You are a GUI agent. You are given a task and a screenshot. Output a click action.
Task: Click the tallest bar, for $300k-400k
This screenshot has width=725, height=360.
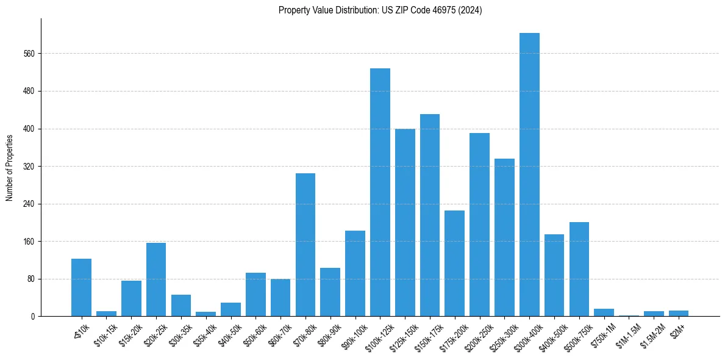tap(529, 175)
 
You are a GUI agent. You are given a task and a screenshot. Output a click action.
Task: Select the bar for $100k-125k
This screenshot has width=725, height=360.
tap(380, 192)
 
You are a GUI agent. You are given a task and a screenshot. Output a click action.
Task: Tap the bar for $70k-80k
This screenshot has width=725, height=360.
tap(305, 245)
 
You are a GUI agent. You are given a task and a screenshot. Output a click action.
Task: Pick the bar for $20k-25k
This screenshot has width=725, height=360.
tap(156, 279)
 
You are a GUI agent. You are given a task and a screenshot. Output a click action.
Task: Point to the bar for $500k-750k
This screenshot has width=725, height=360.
tap(579, 269)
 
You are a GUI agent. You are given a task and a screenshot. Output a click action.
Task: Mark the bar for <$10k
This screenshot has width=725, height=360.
tap(81, 287)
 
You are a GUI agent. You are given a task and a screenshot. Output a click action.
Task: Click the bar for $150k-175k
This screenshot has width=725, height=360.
tap(430, 215)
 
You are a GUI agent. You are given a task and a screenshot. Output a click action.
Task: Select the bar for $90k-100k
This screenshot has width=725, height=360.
tap(355, 273)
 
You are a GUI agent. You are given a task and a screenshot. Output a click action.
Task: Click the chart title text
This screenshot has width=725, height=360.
tap(380, 10)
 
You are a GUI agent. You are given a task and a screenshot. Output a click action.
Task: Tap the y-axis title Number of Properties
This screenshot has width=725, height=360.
tap(10, 167)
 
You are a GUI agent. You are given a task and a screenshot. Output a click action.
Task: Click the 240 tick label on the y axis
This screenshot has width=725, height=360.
tap(29, 204)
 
